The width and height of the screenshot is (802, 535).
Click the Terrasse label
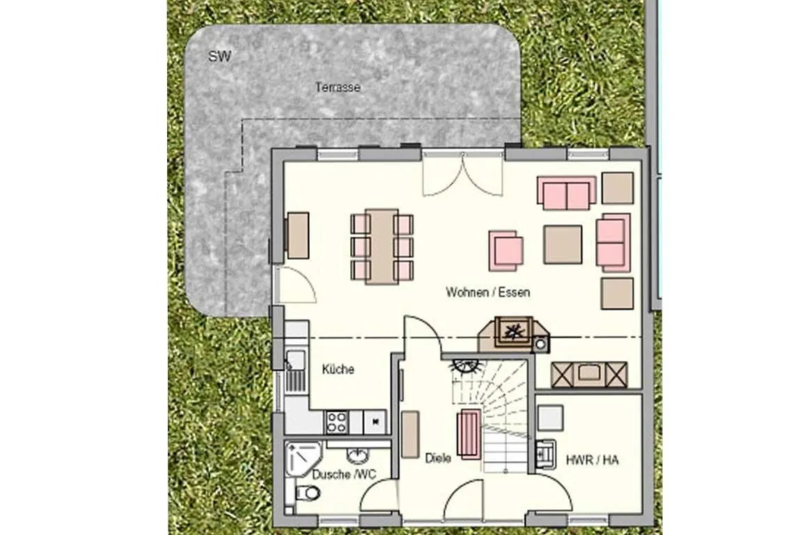(338, 88)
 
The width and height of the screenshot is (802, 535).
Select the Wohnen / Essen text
(487, 293)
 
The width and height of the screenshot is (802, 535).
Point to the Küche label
(338, 369)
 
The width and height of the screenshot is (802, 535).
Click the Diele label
(438, 458)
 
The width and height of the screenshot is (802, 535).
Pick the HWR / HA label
(592, 460)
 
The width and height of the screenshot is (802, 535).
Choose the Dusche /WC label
(344, 474)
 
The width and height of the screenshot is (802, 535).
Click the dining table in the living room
(382, 247)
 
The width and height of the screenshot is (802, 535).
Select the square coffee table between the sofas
(563, 244)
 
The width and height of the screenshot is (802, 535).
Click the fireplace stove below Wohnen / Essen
(514, 332)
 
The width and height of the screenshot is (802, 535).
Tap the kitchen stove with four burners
(337, 421)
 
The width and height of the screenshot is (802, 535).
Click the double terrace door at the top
(463, 174)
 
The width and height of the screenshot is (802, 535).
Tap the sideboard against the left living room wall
(298, 235)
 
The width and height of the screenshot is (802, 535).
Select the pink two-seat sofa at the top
(567, 193)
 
